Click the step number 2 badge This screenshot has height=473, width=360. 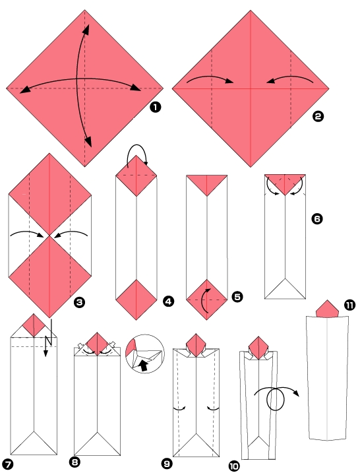tap(318, 117)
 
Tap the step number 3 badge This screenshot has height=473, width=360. tap(80, 303)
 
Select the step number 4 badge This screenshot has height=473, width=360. tap(168, 301)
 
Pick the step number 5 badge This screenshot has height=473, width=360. tap(237, 297)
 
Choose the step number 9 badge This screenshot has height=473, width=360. tap(167, 464)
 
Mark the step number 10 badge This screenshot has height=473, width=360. tap(233, 466)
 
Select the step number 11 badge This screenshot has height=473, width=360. tap(349, 305)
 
